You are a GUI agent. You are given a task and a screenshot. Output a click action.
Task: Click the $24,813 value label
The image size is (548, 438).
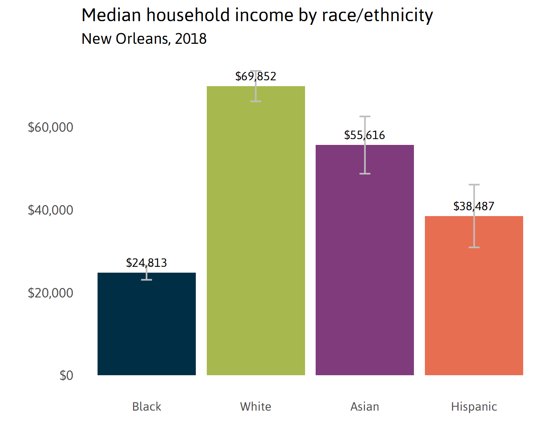tap(146, 263)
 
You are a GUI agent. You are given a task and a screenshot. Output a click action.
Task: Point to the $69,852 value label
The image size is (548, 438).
tap(256, 76)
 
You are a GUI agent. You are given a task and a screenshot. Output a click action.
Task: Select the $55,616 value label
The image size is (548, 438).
tap(365, 135)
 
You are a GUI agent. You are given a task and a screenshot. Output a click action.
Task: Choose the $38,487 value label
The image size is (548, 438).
tap(474, 206)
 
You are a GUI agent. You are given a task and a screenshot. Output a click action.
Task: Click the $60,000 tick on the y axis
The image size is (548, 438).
tap(50, 127)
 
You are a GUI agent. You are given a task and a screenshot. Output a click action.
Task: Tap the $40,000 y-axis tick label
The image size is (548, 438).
tap(50, 210)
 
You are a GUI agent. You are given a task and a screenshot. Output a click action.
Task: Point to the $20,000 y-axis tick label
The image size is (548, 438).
tap(50, 293)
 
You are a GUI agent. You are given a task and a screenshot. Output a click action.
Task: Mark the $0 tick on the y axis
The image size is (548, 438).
tap(66, 376)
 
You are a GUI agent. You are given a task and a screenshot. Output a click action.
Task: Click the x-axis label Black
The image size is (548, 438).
tap(146, 407)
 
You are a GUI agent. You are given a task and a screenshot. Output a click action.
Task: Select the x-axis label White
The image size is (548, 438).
tap(256, 407)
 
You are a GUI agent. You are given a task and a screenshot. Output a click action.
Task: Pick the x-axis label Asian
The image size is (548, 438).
tap(365, 407)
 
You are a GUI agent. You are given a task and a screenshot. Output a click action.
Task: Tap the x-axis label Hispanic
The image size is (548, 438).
tap(474, 407)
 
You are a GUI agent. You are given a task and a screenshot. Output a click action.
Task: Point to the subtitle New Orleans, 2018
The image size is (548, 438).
tap(144, 39)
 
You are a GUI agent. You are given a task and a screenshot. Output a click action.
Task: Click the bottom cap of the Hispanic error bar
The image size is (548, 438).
tap(474, 247)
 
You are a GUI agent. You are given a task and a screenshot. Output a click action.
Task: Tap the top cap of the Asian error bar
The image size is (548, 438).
tap(365, 116)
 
